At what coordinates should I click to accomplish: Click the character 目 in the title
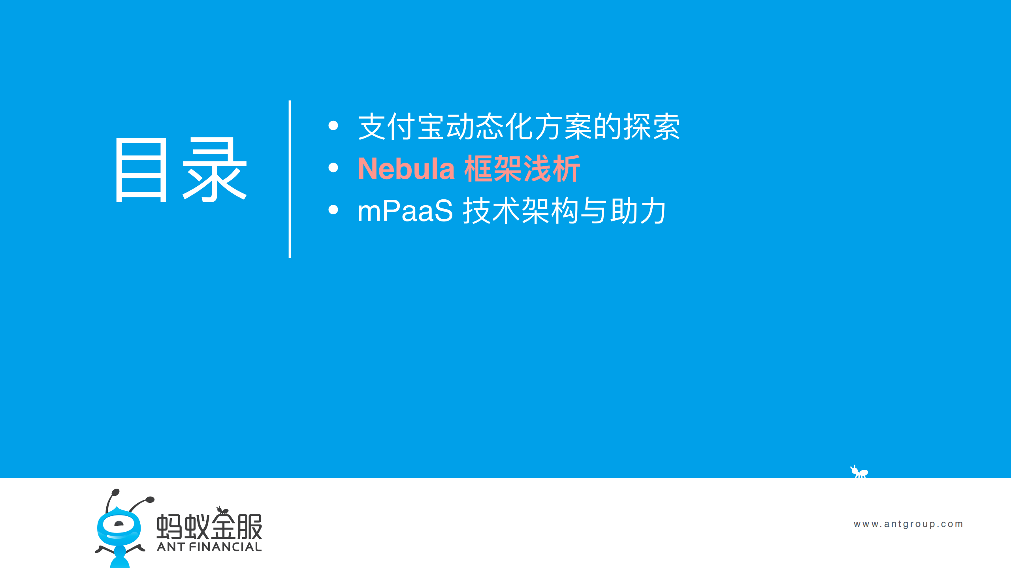[x=141, y=170]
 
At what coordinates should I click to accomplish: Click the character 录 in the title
[x=215, y=170]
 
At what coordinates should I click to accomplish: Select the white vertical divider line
[x=290, y=179]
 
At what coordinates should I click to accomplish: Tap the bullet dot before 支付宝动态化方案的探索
[x=333, y=126]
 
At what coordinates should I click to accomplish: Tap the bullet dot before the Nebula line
[x=333, y=168]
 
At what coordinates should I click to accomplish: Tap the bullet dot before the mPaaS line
[x=333, y=210]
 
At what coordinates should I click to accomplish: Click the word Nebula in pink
[x=406, y=169]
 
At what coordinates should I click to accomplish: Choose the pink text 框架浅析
[x=522, y=169]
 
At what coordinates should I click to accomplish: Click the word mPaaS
[x=405, y=211]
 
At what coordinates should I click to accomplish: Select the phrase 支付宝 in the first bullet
[x=401, y=127]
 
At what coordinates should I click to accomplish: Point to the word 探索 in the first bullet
[x=651, y=127]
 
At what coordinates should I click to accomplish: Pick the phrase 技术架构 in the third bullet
[x=521, y=211]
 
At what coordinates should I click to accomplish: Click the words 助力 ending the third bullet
[x=638, y=211]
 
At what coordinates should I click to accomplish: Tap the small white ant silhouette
[x=859, y=472]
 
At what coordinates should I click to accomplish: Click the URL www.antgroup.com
[x=908, y=524]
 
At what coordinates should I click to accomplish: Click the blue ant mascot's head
[x=119, y=525]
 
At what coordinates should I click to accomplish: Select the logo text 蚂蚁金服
[x=209, y=527]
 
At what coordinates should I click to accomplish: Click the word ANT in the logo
[x=171, y=547]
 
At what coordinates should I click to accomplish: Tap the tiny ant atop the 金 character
[x=222, y=510]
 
